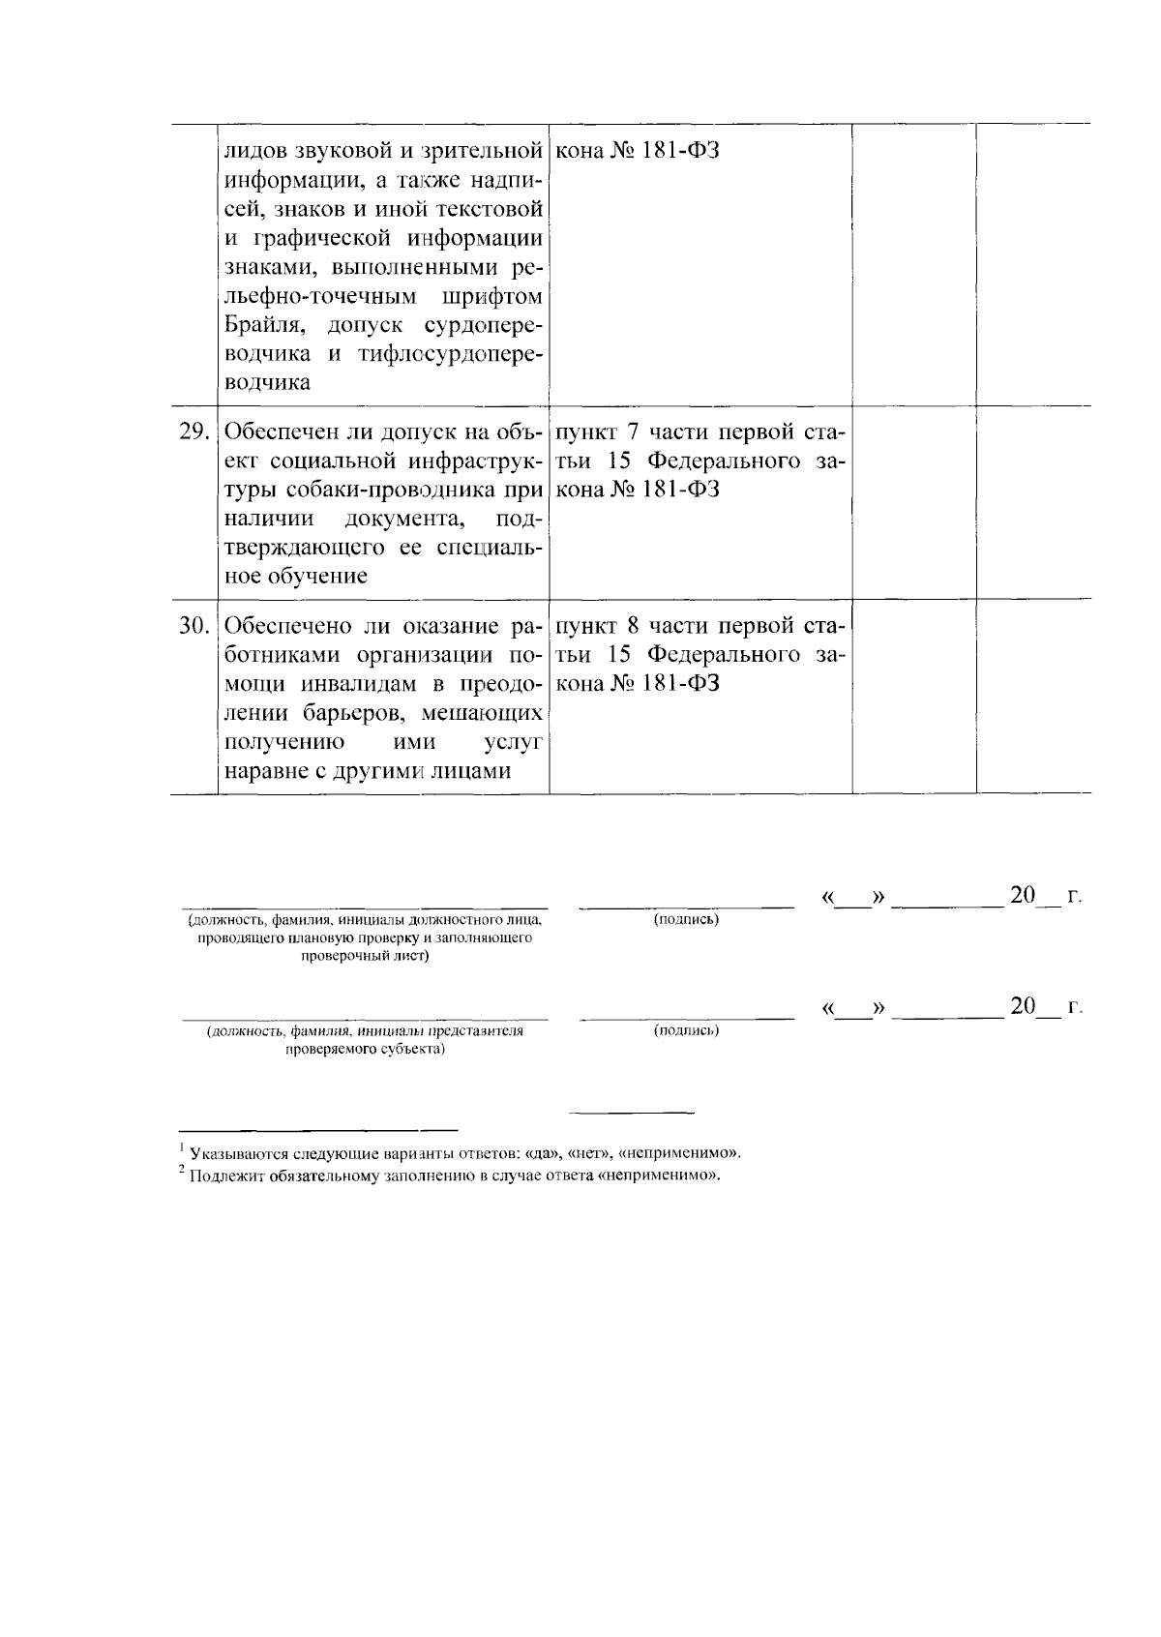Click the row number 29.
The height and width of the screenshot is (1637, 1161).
194,432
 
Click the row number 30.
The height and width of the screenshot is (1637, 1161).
194,626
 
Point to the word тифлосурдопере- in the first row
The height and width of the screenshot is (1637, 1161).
449,353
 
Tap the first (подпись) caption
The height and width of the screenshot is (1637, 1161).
686,918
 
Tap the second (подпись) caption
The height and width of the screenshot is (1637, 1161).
686,1030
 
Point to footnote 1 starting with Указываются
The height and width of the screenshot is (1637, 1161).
464,1153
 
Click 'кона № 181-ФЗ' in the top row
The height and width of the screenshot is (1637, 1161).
638,151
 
